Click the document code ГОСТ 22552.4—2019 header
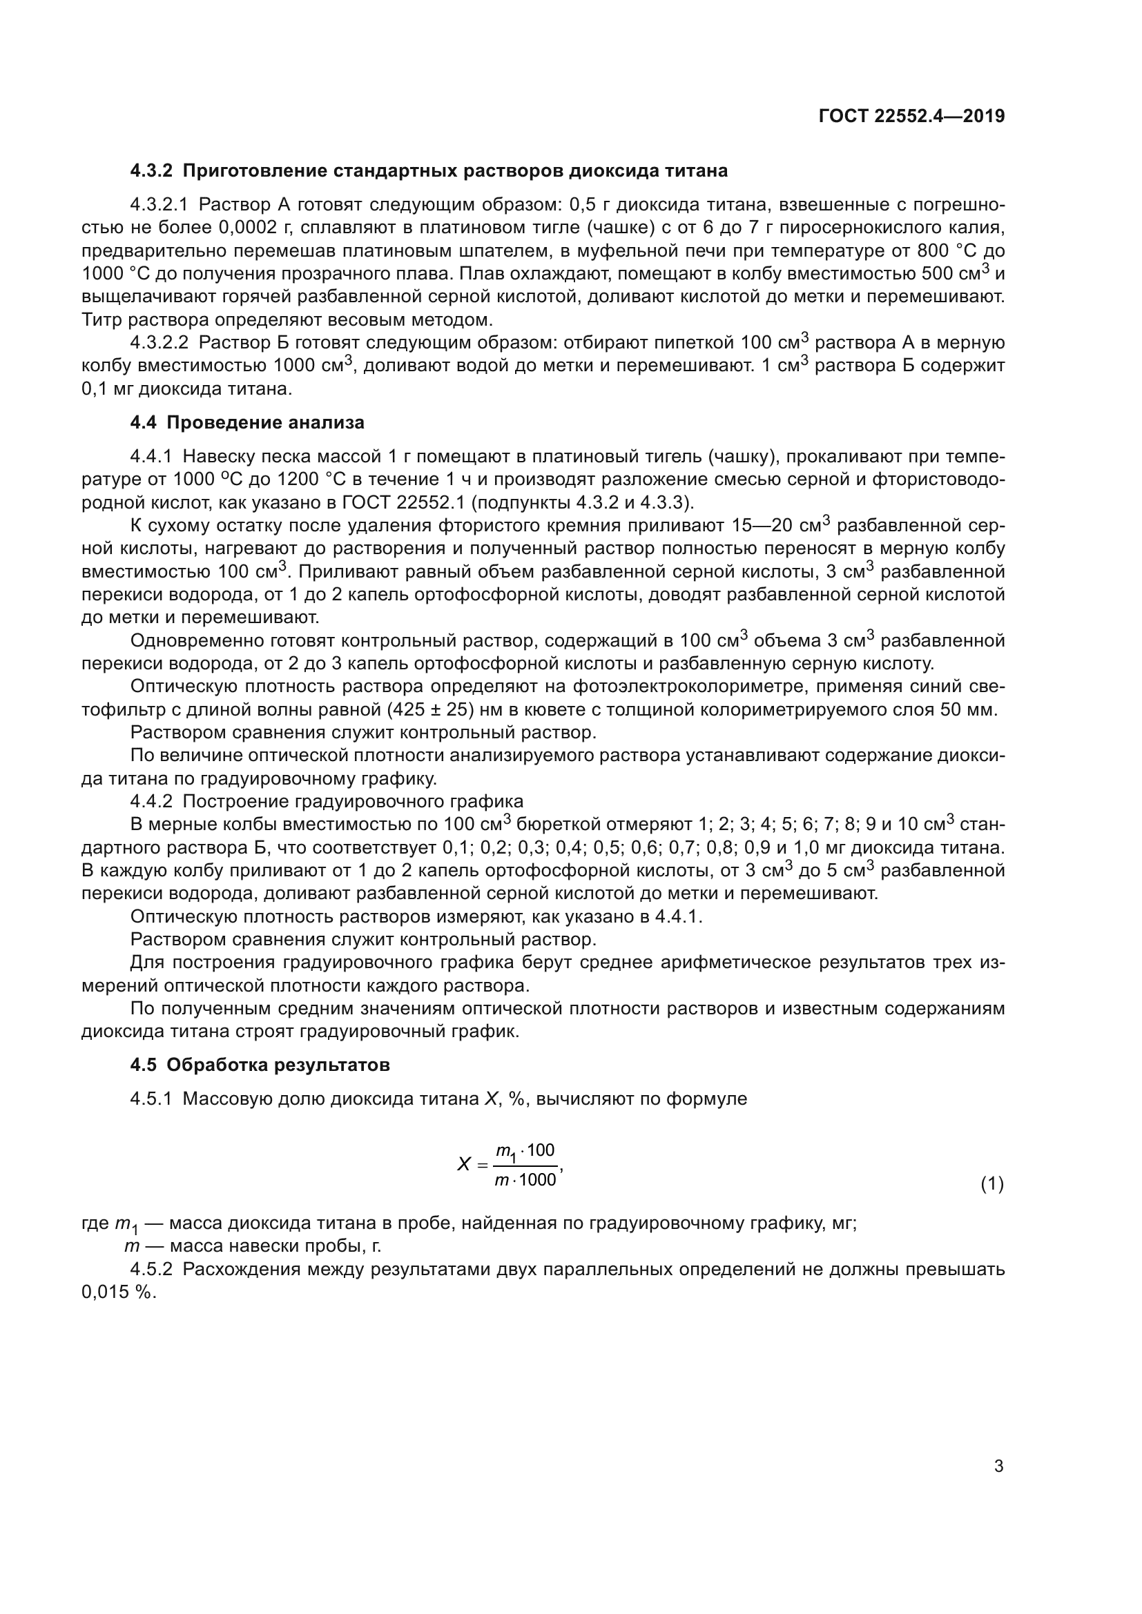coord(911,117)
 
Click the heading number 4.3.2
coord(151,171)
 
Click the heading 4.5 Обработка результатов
coord(260,1065)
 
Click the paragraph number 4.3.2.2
coord(159,343)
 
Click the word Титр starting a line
coord(101,320)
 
